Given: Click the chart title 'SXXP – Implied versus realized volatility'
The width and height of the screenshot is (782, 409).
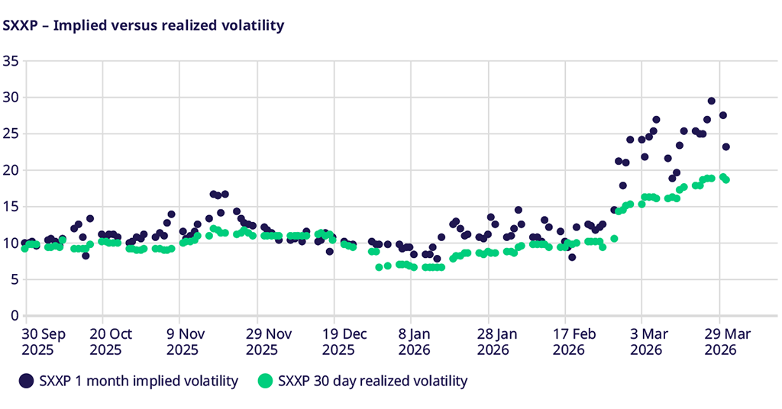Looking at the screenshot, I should click(144, 25).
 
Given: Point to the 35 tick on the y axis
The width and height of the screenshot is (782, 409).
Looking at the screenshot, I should click(10, 61).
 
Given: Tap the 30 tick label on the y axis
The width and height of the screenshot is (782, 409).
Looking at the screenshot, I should click(10, 98).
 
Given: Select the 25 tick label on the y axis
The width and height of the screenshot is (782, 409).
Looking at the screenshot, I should click(10, 134).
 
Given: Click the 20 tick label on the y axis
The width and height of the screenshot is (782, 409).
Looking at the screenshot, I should click(10, 170).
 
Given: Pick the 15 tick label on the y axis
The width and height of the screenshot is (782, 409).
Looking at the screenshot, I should click(10, 206).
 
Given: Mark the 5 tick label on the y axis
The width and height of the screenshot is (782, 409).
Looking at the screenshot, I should click(14, 279).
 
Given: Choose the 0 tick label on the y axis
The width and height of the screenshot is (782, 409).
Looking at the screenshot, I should click(14, 315).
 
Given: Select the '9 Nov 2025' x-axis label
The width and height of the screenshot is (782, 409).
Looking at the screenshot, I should click(183, 341).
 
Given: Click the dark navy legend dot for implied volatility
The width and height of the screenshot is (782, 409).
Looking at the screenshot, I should click(27, 380).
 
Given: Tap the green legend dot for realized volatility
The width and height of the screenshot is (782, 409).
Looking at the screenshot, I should click(266, 380).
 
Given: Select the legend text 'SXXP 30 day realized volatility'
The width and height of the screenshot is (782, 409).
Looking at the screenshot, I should click(373, 380).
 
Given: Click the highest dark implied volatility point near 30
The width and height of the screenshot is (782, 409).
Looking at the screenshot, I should click(711, 101).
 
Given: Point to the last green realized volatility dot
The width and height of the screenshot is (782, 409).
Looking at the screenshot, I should click(725, 179).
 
